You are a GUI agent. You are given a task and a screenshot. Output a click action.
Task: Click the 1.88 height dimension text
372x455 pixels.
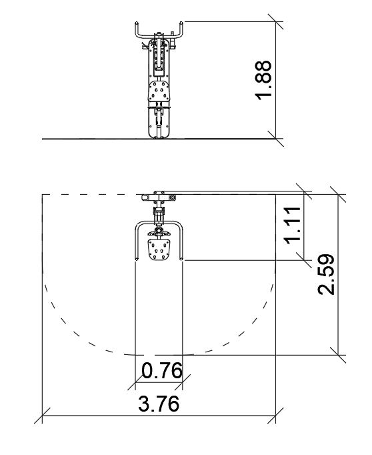[x=263, y=80]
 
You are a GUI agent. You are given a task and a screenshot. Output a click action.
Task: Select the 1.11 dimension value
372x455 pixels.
[x=292, y=225]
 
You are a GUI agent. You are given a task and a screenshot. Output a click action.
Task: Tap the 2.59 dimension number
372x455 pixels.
[x=326, y=274]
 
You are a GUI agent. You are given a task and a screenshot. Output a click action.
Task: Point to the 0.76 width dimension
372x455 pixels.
[x=162, y=370]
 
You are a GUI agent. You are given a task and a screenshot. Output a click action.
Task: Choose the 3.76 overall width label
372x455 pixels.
[x=158, y=404]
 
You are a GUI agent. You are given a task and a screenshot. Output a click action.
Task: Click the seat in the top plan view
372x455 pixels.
[x=159, y=250]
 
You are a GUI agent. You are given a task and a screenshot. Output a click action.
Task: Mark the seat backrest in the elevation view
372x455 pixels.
[x=159, y=91]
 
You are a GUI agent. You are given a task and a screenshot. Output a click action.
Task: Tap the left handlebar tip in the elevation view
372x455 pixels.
[x=136, y=23]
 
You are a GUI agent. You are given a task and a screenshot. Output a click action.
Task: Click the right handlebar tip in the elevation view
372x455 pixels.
[x=181, y=23]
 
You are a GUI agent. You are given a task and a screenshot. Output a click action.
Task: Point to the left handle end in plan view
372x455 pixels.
[x=137, y=259]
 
